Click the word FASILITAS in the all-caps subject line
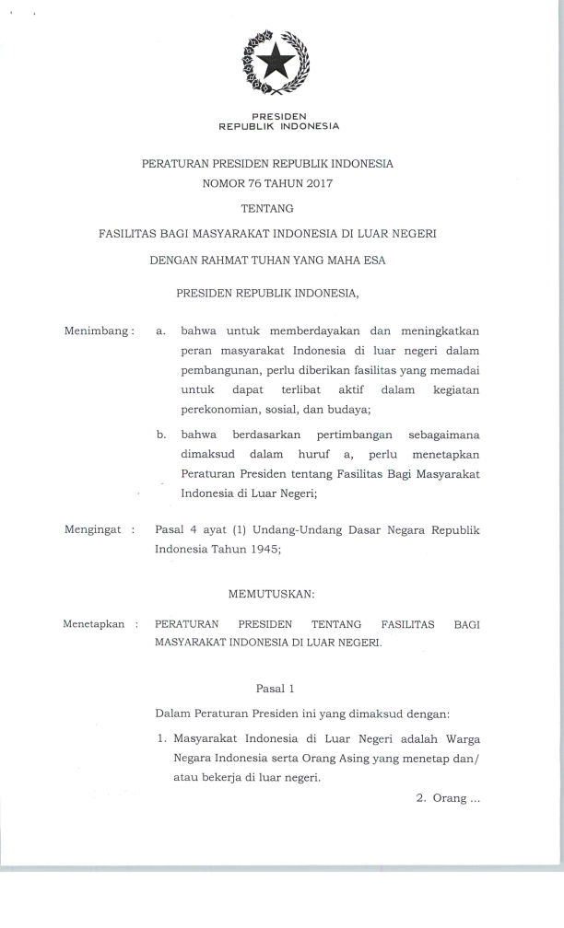[129, 235]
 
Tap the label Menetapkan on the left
[94, 623]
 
